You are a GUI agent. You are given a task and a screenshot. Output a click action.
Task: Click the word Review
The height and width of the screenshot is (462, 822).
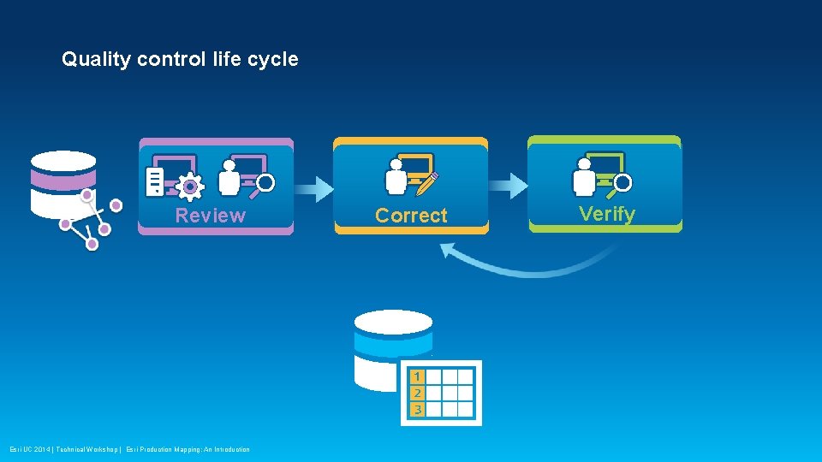(x=210, y=216)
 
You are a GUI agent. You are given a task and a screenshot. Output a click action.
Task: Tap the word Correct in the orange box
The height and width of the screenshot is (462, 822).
(x=411, y=216)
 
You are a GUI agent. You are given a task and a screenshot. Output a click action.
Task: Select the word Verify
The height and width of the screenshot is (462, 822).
(x=607, y=214)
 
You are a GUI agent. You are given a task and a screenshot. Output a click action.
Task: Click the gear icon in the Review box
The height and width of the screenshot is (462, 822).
(x=189, y=186)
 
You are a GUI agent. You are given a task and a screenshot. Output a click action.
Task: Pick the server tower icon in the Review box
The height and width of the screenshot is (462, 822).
(x=155, y=181)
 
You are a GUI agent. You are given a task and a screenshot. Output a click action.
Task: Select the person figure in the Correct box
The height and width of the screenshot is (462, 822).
(x=396, y=177)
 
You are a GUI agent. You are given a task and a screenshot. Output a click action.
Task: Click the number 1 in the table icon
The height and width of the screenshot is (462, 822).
(x=416, y=376)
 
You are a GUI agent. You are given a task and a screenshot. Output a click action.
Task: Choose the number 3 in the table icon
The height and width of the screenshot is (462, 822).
(x=416, y=409)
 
